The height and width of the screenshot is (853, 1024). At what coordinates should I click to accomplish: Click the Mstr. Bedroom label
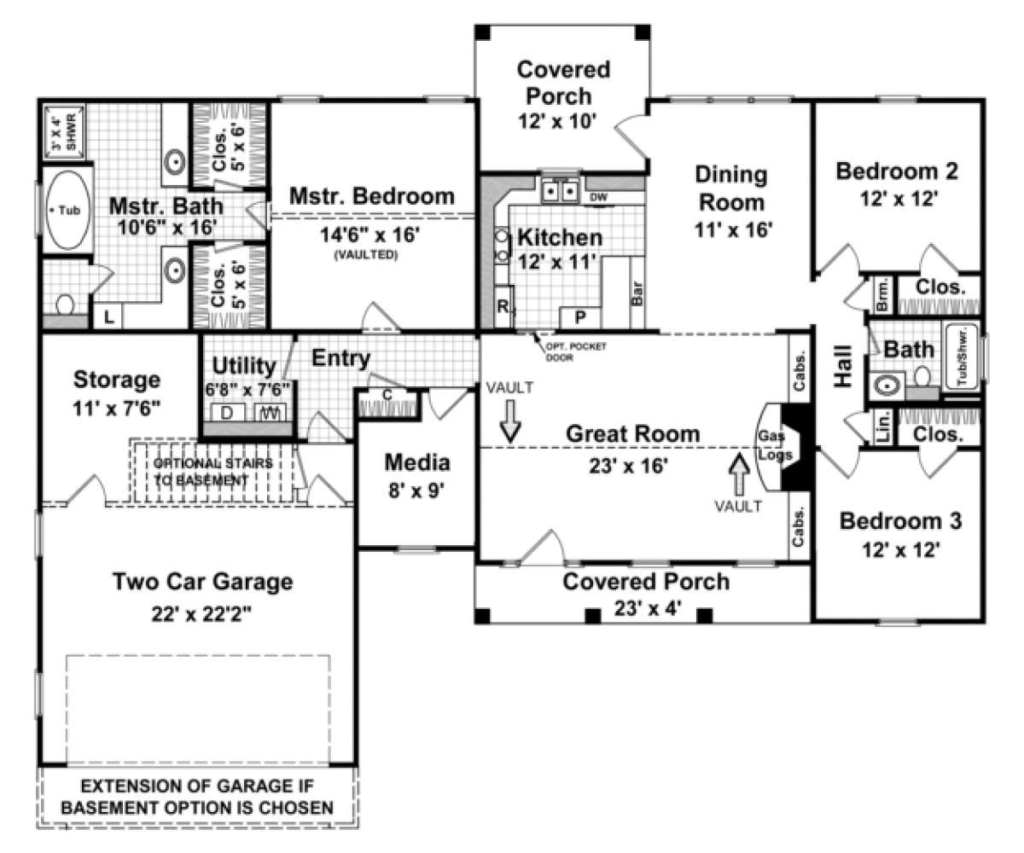coord(371,196)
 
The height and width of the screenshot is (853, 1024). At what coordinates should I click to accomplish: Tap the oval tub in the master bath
coord(66,209)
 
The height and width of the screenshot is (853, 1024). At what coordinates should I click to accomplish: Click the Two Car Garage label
coord(203,582)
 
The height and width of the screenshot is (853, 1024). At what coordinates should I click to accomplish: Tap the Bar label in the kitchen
coord(636,294)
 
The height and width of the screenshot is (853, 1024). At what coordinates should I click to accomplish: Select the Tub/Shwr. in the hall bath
coord(960,358)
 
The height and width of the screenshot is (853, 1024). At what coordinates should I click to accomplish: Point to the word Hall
coord(843,367)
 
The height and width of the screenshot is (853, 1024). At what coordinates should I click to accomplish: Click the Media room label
coord(416,462)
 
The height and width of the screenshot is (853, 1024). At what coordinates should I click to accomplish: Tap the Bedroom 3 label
coord(900,520)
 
